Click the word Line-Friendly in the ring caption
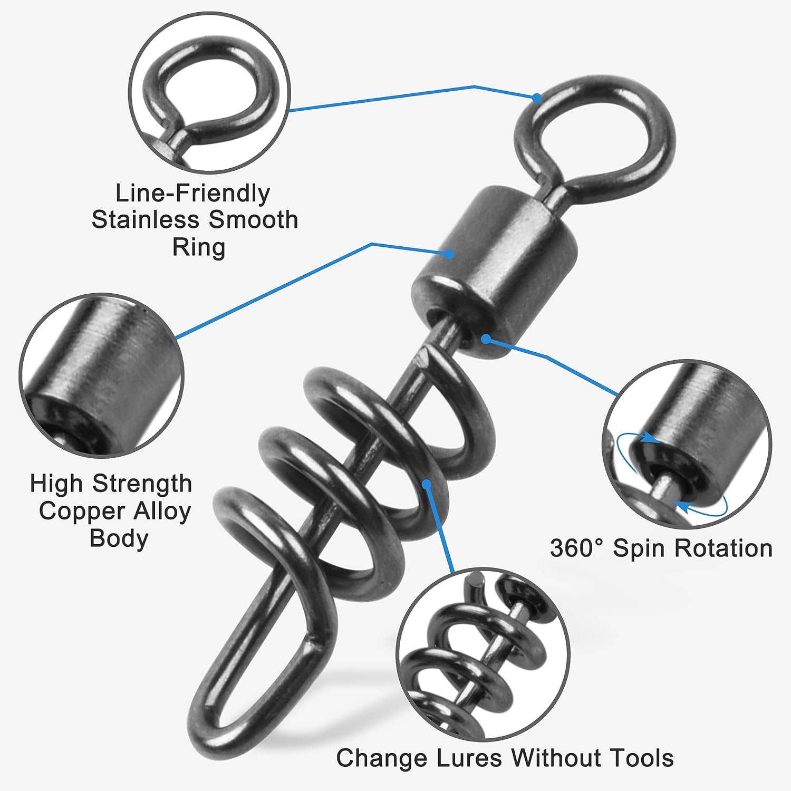click(192, 194)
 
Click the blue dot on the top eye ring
click(536, 98)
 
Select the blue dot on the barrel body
click(449, 254)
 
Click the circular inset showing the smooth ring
click(209, 93)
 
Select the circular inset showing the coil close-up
click(483, 654)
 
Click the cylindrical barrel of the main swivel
click(496, 269)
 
